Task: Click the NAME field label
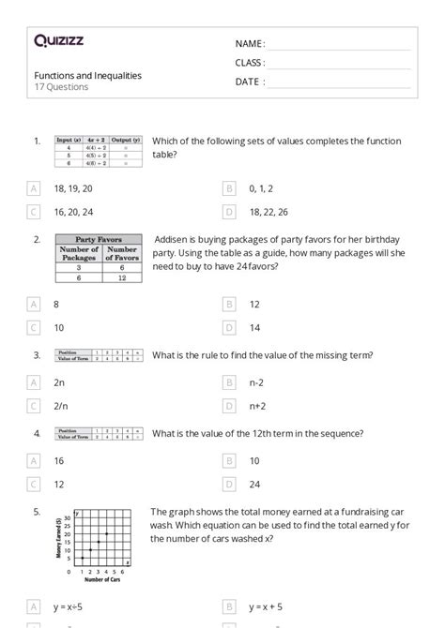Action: coord(250,44)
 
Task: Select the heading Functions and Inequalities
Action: coord(88,75)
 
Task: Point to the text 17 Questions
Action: coord(62,87)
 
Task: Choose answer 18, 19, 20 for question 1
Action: coord(73,188)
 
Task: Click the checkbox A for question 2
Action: coord(35,305)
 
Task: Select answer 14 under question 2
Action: coord(255,328)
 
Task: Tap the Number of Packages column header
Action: coord(79,254)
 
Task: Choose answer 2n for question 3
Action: coord(60,382)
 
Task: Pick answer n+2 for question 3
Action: coord(258,406)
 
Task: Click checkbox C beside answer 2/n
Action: coord(35,406)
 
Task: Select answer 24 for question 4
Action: coord(255,484)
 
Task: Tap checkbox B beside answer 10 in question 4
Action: coord(229,460)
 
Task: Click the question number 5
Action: coord(37,512)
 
